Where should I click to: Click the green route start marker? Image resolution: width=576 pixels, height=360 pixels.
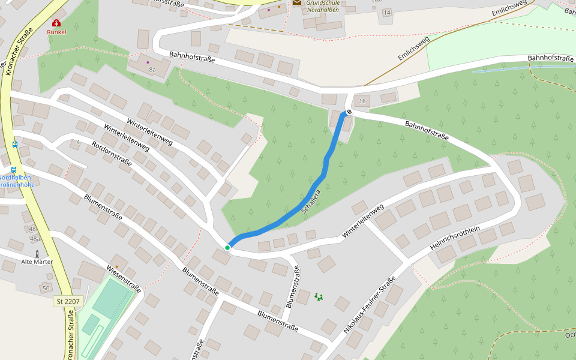point(227,247)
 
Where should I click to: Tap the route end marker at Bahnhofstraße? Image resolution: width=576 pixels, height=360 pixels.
point(349,112)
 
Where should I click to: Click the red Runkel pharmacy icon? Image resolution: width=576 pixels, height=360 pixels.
point(56,23)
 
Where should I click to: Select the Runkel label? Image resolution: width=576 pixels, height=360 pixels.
point(56,32)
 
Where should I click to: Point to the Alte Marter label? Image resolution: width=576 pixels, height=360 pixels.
point(37,262)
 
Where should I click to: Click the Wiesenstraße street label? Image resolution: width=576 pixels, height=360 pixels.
point(123,278)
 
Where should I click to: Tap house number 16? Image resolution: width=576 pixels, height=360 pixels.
point(362,101)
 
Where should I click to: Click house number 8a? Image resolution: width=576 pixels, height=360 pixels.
point(152,70)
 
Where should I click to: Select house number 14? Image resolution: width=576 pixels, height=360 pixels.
point(386,13)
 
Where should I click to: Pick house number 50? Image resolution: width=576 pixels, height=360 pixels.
point(46,289)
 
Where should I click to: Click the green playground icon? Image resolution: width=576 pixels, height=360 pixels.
point(318,296)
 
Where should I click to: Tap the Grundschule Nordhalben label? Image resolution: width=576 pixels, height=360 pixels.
point(322,6)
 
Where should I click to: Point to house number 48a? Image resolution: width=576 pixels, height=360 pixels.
point(35,238)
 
